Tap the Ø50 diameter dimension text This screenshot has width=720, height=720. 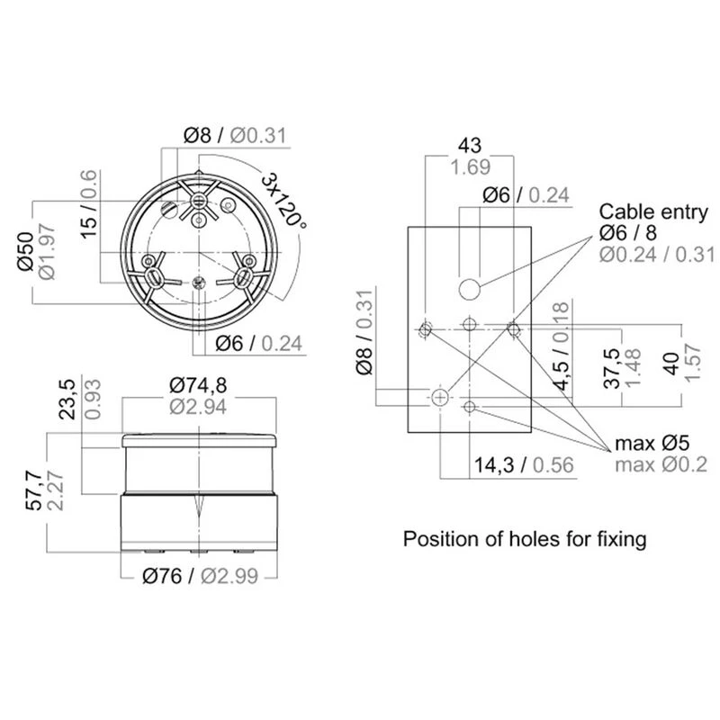coord(25,251)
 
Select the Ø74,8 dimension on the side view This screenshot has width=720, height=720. coord(198,385)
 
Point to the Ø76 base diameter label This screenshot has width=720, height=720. coord(162,576)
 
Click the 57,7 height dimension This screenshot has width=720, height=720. coord(34,487)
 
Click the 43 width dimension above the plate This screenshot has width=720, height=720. coord(470,145)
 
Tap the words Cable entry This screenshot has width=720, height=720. coord(653,211)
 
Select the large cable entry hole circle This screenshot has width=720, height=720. coord(469,289)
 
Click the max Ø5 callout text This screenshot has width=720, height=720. coord(652,443)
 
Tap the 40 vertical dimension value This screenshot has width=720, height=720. coord(671,364)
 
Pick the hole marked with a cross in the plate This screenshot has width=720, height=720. coord(440,397)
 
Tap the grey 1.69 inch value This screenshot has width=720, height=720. coord(470,166)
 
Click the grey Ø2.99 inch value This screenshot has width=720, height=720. coord(229,576)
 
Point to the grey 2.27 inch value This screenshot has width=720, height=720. coord(56,490)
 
